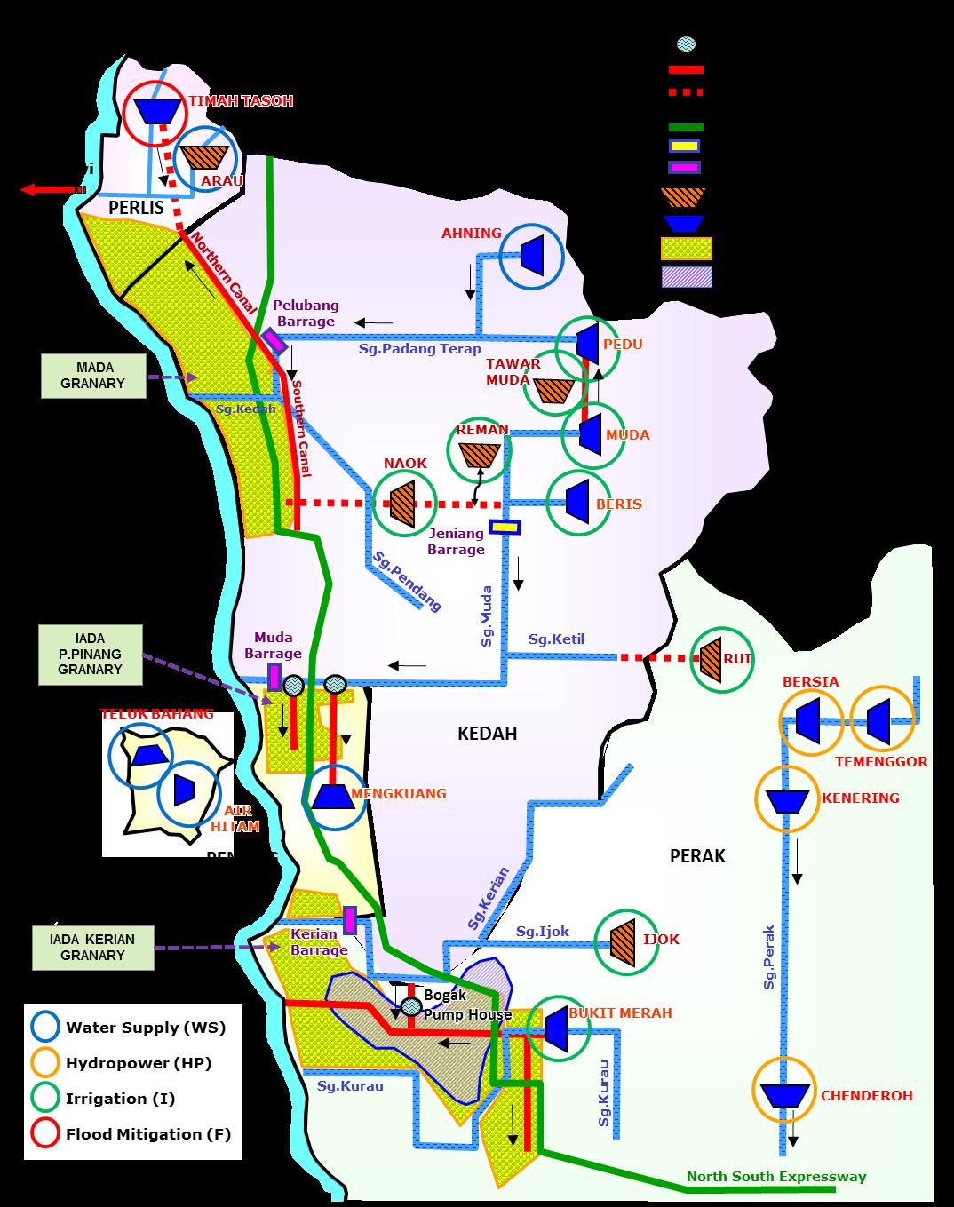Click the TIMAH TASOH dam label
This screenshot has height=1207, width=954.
click(240, 101)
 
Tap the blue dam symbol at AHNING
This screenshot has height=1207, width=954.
click(532, 255)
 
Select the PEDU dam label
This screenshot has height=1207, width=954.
click(622, 345)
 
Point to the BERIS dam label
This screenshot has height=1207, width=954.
click(618, 504)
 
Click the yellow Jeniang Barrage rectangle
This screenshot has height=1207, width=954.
click(505, 528)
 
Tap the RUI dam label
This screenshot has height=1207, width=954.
click(737, 658)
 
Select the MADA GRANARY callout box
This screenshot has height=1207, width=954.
click(93, 376)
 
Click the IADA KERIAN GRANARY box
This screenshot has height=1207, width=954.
click(92, 948)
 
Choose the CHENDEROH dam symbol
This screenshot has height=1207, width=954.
click(783, 1094)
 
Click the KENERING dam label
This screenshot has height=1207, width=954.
click(860, 798)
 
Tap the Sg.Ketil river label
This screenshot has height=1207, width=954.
click(556, 639)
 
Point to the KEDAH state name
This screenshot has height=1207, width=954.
click(487, 734)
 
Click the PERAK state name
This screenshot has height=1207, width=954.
click(697, 856)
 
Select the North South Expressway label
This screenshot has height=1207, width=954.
click(775, 1177)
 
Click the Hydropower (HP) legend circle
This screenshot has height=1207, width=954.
click(45, 1063)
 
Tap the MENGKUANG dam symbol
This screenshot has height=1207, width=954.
click(333, 795)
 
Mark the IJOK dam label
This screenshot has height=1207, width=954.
click(661, 939)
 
